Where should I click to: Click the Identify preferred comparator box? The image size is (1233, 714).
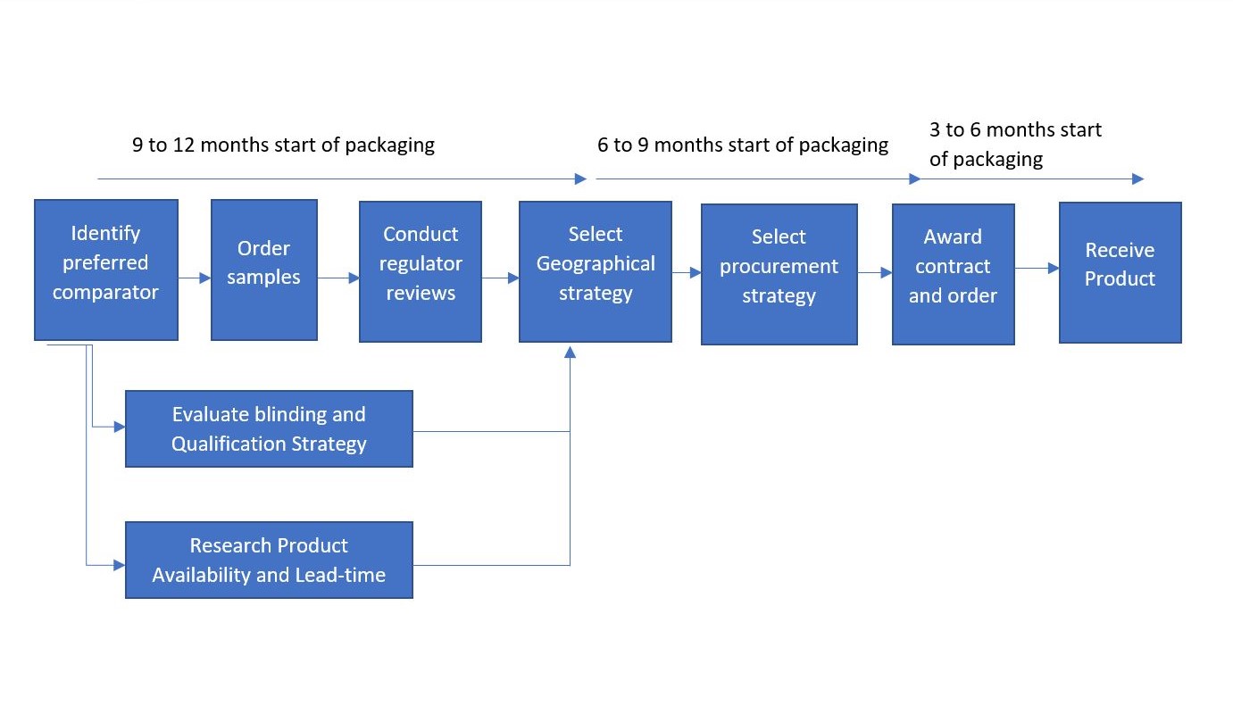[x=105, y=270]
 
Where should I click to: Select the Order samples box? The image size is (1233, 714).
[x=263, y=270]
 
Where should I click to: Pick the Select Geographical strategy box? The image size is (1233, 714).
[x=595, y=271]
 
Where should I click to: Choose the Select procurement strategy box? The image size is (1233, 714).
[x=779, y=274]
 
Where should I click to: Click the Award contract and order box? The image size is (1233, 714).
[x=953, y=274]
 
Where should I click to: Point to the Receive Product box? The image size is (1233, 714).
[x=1120, y=272]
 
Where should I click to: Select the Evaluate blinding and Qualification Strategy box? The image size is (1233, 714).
[x=269, y=428]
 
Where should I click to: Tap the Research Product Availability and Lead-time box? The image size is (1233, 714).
[x=269, y=560]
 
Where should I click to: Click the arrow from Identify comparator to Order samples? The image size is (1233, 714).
[x=195, y=278]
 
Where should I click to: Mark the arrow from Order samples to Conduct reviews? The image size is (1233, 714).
[x=338, y=278]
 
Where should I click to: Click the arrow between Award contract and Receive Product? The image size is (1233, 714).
[x=1037, y=268]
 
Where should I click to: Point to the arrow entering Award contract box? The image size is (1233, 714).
[x=875, y=274]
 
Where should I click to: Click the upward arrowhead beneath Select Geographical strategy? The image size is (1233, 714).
[x=570, y=352]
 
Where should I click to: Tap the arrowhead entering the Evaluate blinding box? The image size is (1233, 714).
[x=120, y=428]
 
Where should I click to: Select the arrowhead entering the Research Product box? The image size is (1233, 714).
[x=120, y=564]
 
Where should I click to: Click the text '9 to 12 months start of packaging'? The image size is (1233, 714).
[x=283, y=145]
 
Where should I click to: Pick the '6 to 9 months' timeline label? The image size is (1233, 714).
[x=743, y=145]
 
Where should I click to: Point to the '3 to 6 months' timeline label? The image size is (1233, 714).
[x=1015, y=145]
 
